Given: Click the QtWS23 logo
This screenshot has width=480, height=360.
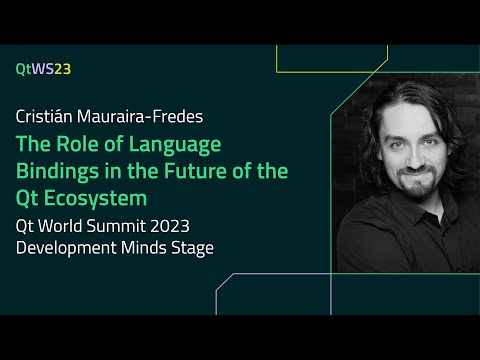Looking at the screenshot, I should tap(43, 69).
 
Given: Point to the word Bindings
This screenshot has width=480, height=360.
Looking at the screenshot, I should tap(53, 171).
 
